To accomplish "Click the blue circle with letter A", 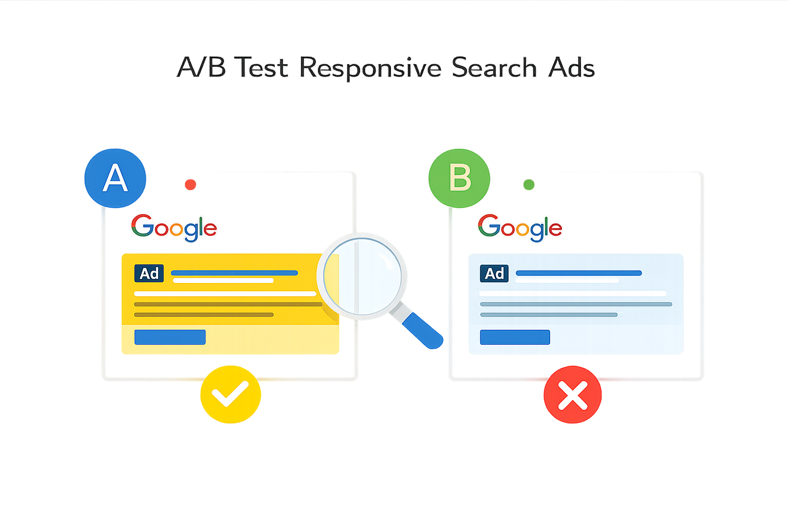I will [115, 178].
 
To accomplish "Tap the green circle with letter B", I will [460, 178].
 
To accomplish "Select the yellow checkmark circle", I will [230, 394].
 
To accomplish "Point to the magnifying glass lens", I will [363, 276].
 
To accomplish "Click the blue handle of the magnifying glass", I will [422, 331].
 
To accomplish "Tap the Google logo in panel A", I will [174, 228].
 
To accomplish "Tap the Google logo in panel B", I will [520, 228].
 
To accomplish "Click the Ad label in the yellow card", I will [149, 273].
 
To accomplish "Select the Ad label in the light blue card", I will [494, 273].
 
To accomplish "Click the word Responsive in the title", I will [370, 68].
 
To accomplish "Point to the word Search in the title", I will [494, 68].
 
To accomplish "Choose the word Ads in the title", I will [572, 68].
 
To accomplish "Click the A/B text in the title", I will [201, 68].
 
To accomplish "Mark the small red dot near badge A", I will [191, 184].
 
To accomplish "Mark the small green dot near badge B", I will [529, 184].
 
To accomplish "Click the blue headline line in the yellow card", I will [234, 273].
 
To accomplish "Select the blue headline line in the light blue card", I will [578, 273].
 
